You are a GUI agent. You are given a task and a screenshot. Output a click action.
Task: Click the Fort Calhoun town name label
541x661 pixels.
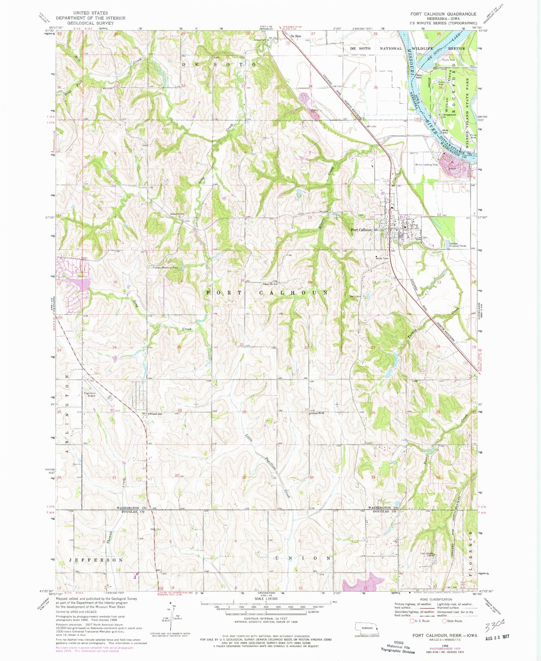tap(361, 230)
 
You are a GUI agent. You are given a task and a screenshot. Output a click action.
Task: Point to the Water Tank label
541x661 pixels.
tap(382, 258)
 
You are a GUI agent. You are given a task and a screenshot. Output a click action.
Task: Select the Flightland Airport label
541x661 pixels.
tap(89, 395)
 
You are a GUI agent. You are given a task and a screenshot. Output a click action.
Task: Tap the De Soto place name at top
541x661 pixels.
tap(296, 36)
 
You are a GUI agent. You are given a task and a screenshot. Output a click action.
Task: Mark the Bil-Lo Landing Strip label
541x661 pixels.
tap(426, 165)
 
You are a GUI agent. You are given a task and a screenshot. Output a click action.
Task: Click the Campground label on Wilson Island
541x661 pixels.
tap(449, 115)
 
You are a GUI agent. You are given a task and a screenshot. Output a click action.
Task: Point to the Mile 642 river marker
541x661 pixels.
tap(419, 76)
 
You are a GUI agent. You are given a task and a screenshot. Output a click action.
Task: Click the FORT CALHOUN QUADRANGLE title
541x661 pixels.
tap(443, 14)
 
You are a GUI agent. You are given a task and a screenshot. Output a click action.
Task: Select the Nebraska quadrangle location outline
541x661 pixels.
tap(367, 628)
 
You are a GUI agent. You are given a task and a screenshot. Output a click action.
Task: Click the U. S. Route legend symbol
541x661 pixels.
tap(413, 621)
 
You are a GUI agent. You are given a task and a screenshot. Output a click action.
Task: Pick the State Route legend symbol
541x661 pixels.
tap(445, 621)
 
